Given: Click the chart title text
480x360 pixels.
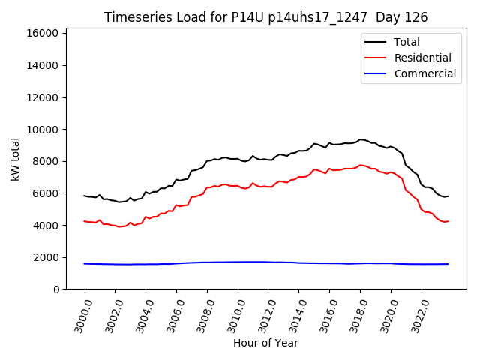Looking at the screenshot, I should coord(265,17).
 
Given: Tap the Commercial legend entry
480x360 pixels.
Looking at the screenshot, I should coord(424,73).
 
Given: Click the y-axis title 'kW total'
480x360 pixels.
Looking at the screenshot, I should coord(16,160).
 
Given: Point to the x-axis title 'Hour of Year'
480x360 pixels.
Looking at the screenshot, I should coord(265,343).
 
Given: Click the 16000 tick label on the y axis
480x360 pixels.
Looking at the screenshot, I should coord(43,33).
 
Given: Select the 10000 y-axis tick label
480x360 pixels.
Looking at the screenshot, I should coord(43,129).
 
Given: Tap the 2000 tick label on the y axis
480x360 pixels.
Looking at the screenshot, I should coord(46,257).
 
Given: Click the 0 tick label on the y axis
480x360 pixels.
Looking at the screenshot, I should coord(56,289).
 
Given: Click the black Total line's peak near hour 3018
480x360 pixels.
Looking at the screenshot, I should coord(361,139).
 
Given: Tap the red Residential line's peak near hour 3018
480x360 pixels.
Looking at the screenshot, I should coord(361,165).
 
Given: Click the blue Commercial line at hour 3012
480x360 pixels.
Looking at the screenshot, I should coord(268,262).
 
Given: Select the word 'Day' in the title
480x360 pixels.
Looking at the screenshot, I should coord(384,17).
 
